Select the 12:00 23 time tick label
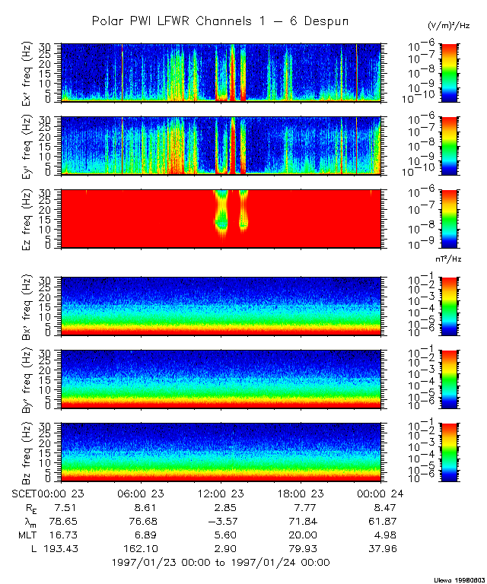pyautogui.click(x=221, y=493)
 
